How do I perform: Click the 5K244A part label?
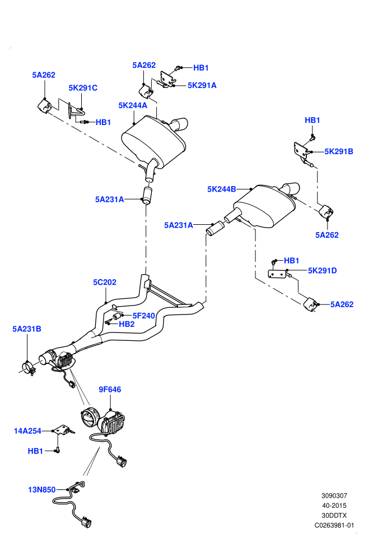[x=133, y=105]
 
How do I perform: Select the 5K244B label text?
[x=222, y=189]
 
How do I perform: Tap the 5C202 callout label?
[x=105, y=282]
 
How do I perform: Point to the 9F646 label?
[x=110, y=390]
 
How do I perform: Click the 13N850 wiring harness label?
[x=41, y=489]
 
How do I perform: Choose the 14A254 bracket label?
[x=27, y=431]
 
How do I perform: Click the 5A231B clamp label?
[x=27, y=329]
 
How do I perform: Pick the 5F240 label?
[x=144, y=316]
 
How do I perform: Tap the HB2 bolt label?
[x=127, y=324]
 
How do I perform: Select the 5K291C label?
[x=83, y=88]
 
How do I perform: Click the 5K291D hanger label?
[x=323, y=270]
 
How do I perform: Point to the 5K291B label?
[x=339, y=151]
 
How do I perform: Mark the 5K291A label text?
[x=202, y=85]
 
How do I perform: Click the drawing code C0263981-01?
[x=334, y=525]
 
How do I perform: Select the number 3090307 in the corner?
[x=334, y=496]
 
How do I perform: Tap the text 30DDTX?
[x=334, y=515]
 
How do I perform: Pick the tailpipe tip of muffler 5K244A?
[x=180, y=124]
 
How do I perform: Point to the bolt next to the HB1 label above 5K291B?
[x=312, y=137]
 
